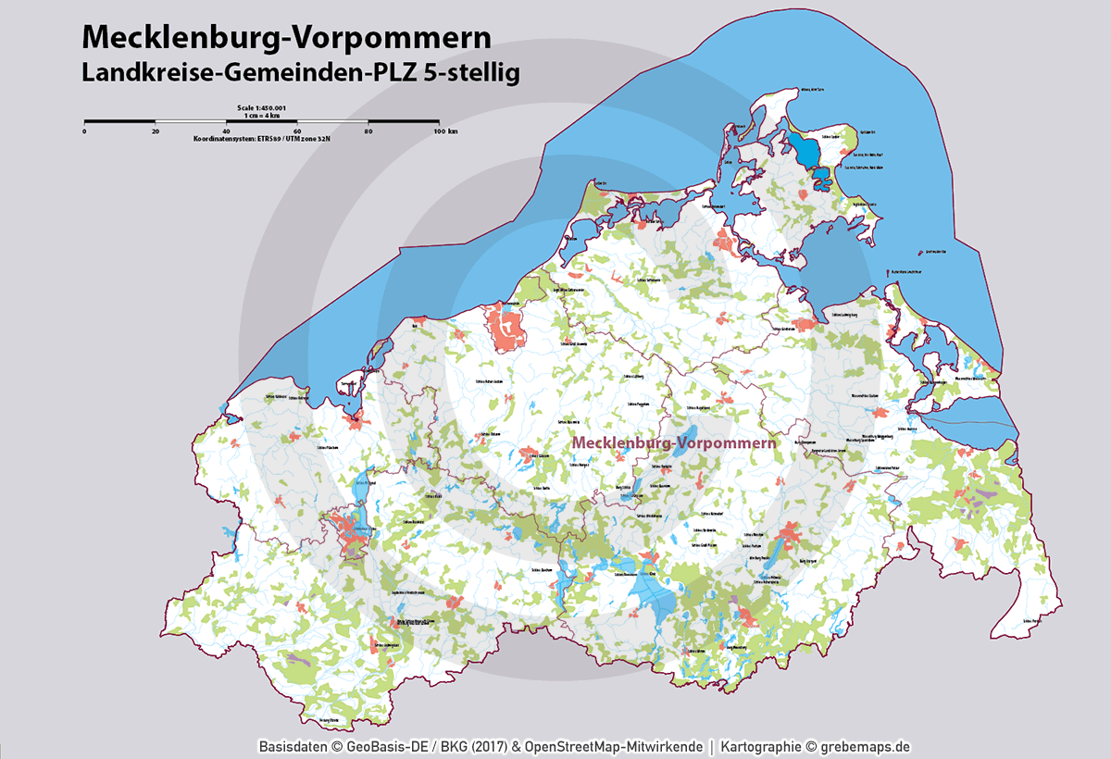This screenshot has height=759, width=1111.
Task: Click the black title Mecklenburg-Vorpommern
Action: point(286,36)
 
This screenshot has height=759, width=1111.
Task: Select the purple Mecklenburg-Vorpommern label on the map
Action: point(673,442)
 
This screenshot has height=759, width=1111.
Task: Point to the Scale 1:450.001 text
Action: point(262,108)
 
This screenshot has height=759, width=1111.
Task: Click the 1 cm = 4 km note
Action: point(262,115)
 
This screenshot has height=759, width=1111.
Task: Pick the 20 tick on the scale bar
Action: point(156,131)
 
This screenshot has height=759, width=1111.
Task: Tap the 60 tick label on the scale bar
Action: point(298,131)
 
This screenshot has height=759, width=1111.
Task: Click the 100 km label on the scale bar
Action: point(445,131)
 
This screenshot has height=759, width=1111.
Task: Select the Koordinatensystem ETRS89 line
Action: point(262,138)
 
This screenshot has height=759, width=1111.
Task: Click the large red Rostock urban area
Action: point(507,326)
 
